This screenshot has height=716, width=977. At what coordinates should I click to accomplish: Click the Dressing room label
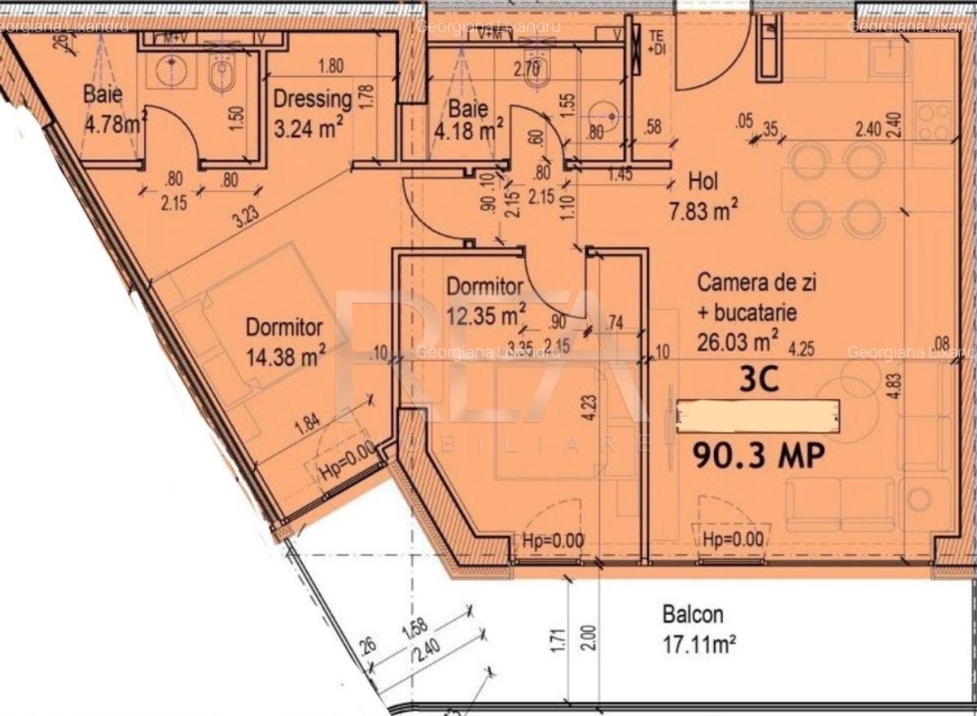coord(313,99)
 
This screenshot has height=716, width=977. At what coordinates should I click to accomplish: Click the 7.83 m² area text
coord(703,213)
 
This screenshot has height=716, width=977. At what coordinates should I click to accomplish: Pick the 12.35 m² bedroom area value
coord(486,313)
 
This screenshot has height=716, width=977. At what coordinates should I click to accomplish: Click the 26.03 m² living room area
coord(738,337)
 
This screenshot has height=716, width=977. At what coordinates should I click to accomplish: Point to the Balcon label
coord(693,614)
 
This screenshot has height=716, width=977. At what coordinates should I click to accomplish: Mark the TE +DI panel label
coord(656,42)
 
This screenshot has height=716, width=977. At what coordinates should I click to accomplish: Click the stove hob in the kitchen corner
coord(933,121)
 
